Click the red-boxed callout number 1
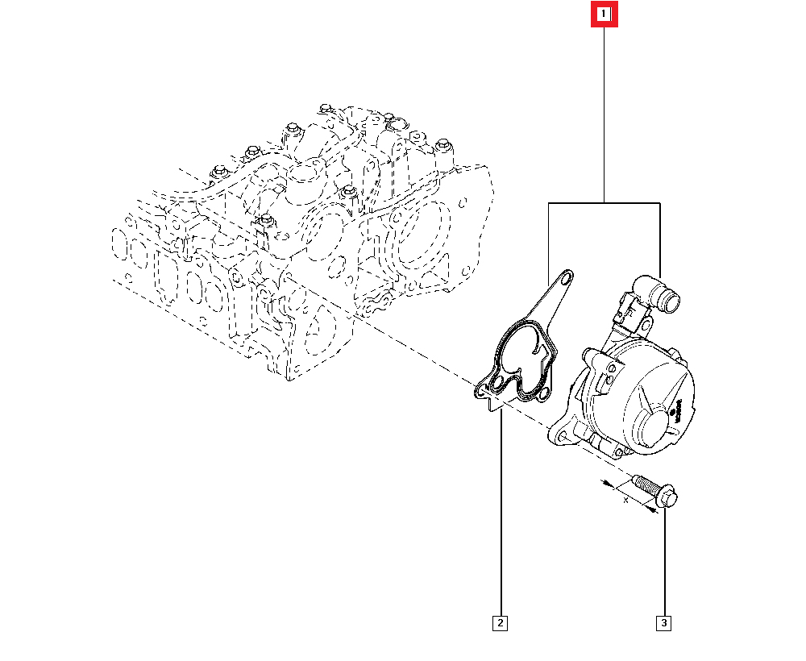coord(604,14)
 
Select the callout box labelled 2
coord(500,623)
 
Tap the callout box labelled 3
coord(663,623)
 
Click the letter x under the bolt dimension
coord(625,501)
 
